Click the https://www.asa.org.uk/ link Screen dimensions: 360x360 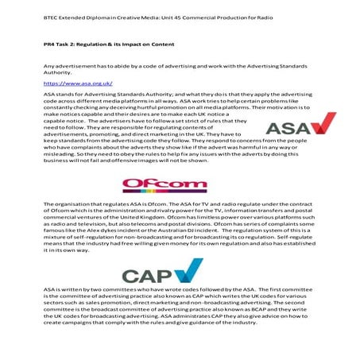[77, 83]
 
